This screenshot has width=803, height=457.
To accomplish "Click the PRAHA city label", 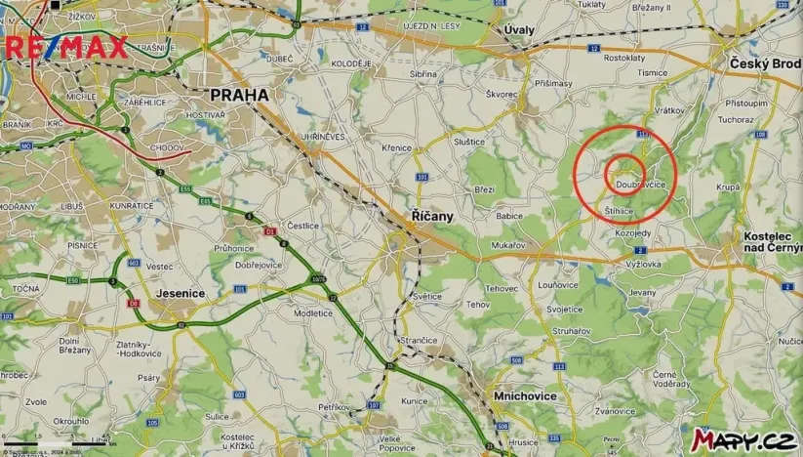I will [x=239, y=96].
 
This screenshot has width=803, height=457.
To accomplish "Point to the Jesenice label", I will [x=181, y=292].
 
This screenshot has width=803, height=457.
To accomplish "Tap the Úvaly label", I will [x=519, y=30].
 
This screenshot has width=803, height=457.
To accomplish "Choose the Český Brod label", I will [x=765, y=63].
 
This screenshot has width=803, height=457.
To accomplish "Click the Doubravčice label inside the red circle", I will [x=641, y=184].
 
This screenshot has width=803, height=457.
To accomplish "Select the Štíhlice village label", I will [x=620, y=210].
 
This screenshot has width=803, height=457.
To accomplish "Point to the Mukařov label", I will [x=509, y=245].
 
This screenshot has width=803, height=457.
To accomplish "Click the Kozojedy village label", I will [x=634, y=233].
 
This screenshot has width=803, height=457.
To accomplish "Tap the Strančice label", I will [x=418, y=339].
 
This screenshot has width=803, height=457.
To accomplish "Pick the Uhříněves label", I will [x=322, y=137].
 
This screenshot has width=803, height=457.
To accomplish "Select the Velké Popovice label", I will [x=389, y=443].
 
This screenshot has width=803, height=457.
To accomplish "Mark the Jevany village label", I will [x=642, y=292].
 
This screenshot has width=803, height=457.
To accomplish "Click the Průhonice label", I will [x=233, y=248].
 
